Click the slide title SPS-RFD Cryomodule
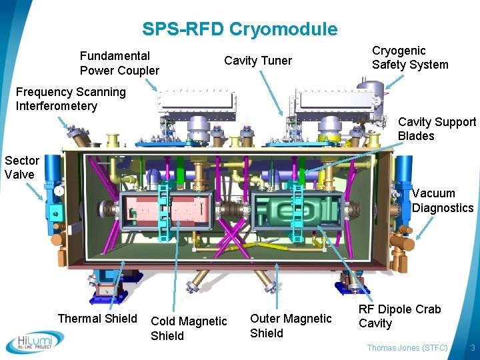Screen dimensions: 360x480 click(x=239, y=29)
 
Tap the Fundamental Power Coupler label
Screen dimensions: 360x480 click(x=119, y=63)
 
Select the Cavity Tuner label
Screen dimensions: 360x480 click(x=257, y=61)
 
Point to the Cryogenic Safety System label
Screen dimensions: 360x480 click(x=410, y=57)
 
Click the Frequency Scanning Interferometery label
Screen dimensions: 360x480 click(x=71, y=99)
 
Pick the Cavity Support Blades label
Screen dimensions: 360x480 click(x=437, y=129)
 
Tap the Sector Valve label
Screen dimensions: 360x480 click(x=22, y=167)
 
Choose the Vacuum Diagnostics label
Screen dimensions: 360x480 click(x=442, y=200)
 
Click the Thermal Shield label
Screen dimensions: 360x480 click(x=97, y=319)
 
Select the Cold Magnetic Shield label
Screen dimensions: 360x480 click(x=189, y=328)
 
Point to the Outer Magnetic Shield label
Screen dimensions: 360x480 click(x=290, y=325)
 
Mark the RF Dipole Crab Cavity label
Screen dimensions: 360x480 click(x=399, y=316)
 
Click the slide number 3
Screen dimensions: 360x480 click(x=472, y=348)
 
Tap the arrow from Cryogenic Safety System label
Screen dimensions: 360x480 click(x=393, y=79)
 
